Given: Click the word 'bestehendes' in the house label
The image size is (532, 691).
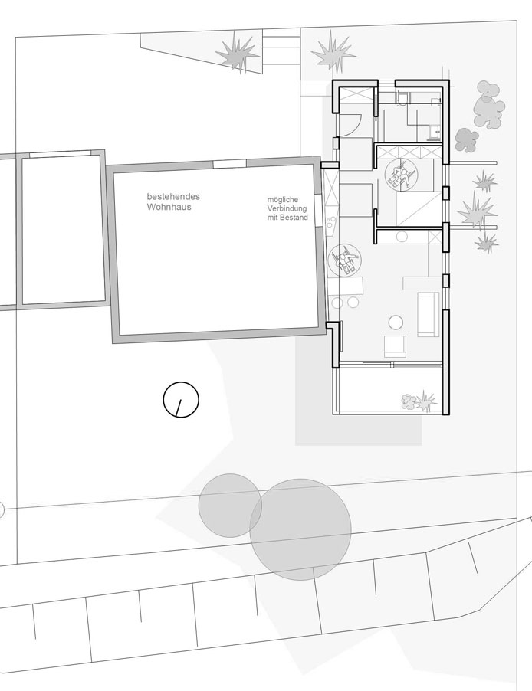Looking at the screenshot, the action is [173, 197].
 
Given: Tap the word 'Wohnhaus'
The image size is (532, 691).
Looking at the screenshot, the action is [169, 207].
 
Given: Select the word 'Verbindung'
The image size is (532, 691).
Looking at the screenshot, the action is [287, 208].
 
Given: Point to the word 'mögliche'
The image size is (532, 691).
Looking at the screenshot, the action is [282, 200].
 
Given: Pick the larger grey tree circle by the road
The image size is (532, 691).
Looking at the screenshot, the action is [300, 529].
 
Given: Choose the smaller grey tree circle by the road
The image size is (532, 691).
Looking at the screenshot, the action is [230, 506].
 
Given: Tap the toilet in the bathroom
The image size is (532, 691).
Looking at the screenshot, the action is [402, 97].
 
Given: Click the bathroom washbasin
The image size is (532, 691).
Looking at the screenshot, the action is [436, 131].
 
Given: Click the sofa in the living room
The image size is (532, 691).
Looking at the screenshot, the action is [429, 314].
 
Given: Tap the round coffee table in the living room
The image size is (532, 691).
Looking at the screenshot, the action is [396, 323].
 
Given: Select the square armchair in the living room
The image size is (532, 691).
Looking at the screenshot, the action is [395, 345].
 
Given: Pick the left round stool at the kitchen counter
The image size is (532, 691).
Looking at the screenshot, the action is [337, 303].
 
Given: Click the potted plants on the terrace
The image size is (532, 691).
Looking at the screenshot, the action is [419, 401].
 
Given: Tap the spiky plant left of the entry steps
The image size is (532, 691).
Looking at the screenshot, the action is [238, 53].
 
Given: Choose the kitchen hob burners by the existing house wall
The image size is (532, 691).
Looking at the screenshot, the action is [331, 221].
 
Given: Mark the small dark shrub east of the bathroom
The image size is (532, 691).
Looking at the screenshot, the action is [466, 139].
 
